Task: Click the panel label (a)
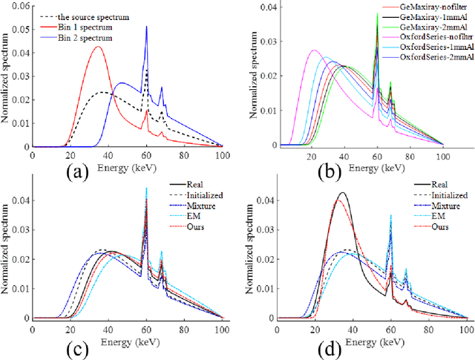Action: coord(76,173)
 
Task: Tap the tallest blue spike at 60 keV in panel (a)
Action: coord(146,27)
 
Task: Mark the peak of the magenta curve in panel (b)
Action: coord(314,50)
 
